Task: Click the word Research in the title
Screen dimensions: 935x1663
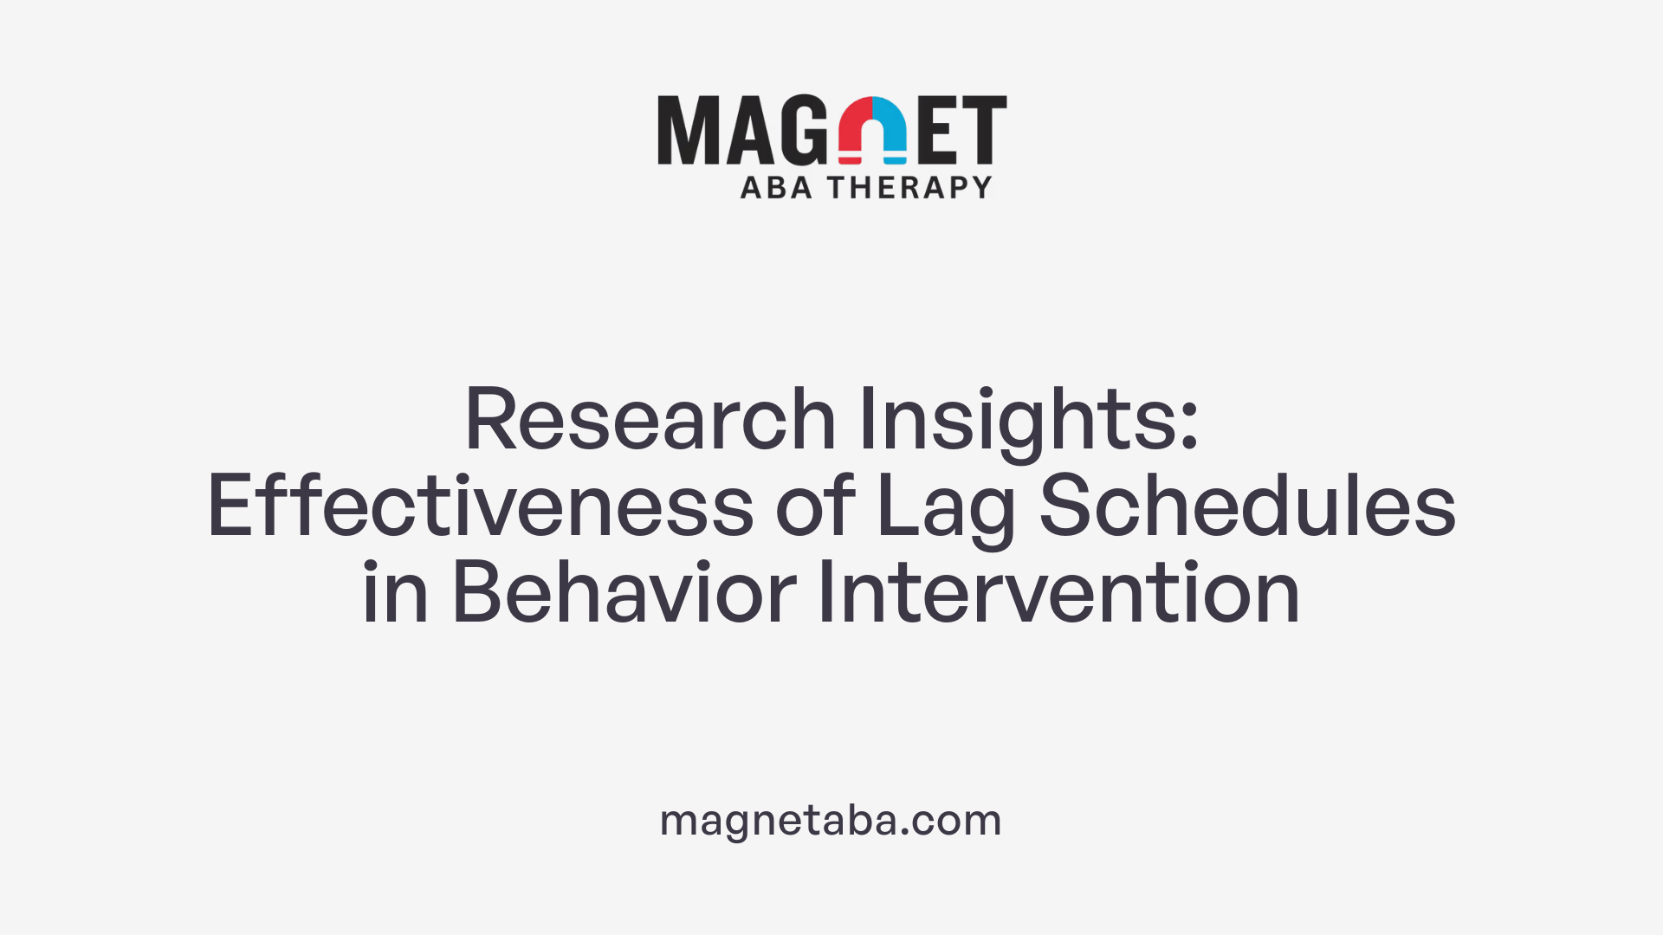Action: tap(650, 420)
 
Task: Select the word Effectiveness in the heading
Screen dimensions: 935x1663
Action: tap(481, 506)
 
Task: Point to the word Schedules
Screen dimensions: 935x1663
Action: tap(1247, 506)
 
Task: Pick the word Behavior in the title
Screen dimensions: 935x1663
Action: tap(624, 593)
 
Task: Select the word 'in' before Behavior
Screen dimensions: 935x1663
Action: tap(395, 593)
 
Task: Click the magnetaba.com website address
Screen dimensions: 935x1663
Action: tap(831, 820)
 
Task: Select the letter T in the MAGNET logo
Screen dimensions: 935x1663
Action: tap(982, 130)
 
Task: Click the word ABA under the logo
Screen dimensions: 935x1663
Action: tap(776, 187)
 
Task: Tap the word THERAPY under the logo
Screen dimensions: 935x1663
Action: tap(909, 187)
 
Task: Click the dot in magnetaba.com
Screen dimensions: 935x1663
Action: tap(905, 831)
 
